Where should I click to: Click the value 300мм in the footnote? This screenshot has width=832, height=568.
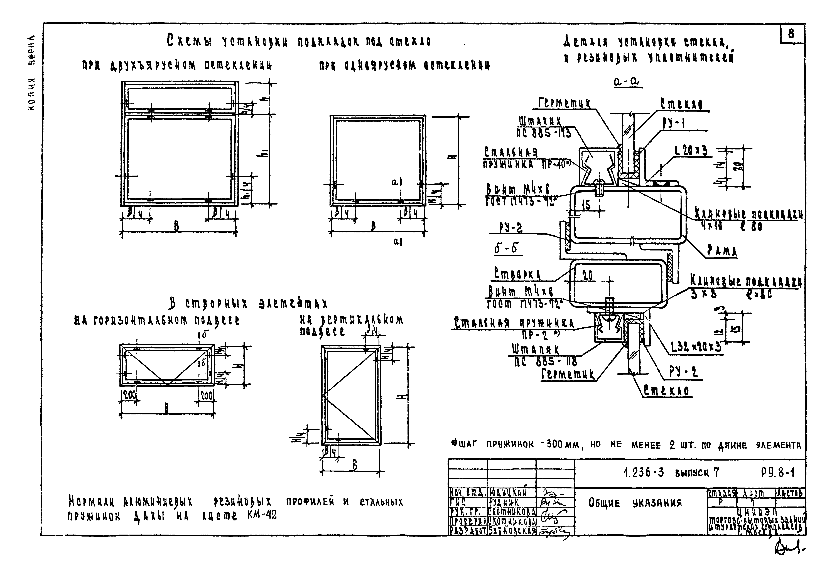point(561,445)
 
